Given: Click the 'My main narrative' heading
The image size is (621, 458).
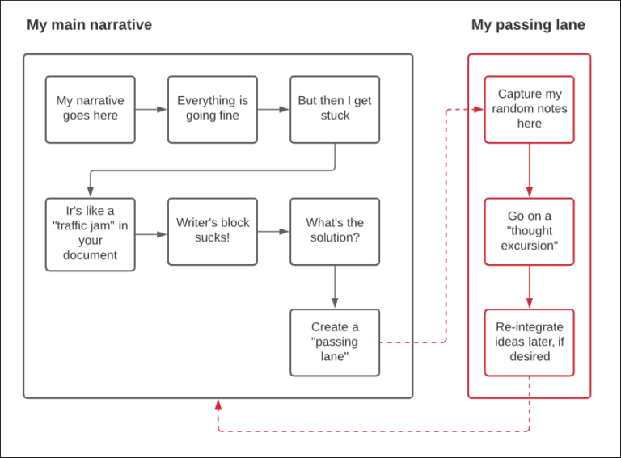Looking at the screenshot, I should (x=89, y=25).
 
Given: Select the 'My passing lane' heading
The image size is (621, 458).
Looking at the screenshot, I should (x=528, y=25).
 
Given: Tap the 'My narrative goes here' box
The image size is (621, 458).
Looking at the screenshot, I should (x=90, y=109).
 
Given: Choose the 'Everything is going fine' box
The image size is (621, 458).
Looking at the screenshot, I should (x=213, y=109).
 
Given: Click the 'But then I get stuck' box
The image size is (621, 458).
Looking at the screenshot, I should (x=335, y=109).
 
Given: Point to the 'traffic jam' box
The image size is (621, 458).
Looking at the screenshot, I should (x=90, y=233).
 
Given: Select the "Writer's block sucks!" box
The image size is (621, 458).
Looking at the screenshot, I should (x=213, y=231).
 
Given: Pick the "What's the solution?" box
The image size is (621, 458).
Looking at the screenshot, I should (x=335, y=231).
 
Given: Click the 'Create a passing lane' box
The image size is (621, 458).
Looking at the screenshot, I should (x=335, y=342).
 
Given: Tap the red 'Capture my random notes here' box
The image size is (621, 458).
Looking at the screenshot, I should (x=529, y=109).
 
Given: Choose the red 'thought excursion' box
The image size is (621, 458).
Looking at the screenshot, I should (x=529, y=231).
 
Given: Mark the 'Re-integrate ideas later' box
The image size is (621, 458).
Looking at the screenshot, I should (x=529, y=342).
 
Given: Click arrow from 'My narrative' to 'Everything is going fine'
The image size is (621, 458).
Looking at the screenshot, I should (x=151, y=109).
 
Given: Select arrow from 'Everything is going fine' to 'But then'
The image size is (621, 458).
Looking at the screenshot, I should (x=273, y=109).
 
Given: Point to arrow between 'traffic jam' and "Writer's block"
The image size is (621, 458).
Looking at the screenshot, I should (x=151, y=234).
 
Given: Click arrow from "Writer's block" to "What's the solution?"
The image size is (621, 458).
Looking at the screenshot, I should (x=273, y=232).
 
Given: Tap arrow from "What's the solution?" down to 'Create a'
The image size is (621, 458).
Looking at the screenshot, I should (x=335, y=287).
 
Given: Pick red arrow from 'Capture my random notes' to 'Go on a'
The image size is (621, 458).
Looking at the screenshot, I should (x=529, y=170).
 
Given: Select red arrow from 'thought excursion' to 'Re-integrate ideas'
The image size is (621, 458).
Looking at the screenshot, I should (x=529, y=287).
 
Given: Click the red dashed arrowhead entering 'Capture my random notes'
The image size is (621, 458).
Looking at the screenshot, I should (x=478, y=109).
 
